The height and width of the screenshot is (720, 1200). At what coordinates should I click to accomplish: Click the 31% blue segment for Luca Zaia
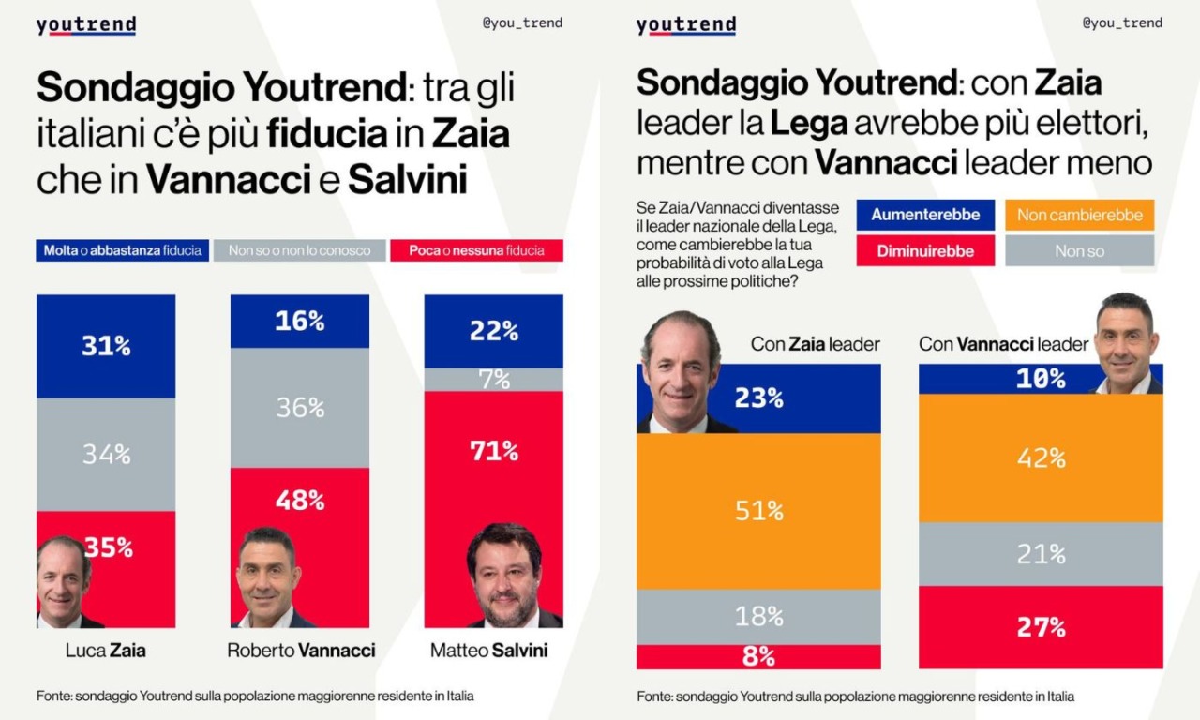[106, 346]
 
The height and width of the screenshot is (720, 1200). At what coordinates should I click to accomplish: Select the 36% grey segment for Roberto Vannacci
[300, 408]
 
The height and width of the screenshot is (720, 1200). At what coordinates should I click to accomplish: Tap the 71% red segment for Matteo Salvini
[494, 451]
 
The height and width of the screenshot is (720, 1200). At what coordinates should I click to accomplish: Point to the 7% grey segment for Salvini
[494, 380]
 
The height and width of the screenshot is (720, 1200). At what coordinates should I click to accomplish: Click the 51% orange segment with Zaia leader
[758, 511]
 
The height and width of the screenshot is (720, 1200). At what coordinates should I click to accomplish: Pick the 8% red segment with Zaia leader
[758, 657]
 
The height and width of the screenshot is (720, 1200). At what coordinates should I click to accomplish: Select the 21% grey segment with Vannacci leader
[1041, 554]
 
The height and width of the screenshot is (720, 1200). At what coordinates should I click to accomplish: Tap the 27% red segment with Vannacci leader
[1041, 627]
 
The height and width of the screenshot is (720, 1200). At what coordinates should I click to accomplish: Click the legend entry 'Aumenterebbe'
[924, 215]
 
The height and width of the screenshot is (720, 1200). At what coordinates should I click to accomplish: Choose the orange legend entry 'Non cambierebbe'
[1079, 215]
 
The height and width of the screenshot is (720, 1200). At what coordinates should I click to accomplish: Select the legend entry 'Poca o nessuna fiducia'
[476, 250]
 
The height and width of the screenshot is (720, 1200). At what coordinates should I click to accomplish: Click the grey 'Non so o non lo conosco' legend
[299, 250]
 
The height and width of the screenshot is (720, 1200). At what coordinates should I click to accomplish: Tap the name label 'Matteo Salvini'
[488, 650]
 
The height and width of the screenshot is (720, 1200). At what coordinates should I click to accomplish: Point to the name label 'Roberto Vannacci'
[300, 650]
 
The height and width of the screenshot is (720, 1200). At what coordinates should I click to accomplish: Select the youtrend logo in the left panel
[86, 25]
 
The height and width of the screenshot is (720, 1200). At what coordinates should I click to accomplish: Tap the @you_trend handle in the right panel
[1122, 22]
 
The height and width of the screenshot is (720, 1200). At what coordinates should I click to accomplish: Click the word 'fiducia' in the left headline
[326, 134]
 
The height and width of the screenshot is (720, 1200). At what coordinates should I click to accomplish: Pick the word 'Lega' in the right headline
[810, 121]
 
